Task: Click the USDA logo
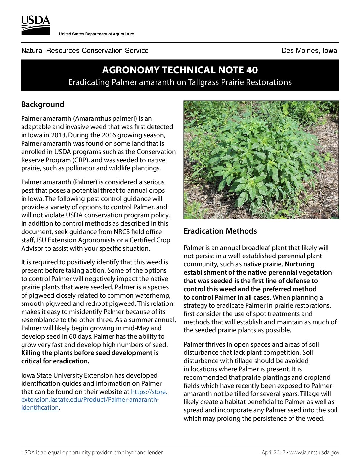pyautogui.click(x=36, y=25)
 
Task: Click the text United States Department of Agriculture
pyautogui.click(x=96, y=34)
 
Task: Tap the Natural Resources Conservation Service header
pyautogui.click(x=85, y=51)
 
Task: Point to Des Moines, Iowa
pyautogui.click(x=309, y=51)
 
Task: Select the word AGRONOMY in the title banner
pyautogui.click(x=126, y=70)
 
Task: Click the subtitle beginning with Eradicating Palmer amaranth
pyautogui.click(x=180, y=82)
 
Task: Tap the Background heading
pyautogui.click(x=43, y=104)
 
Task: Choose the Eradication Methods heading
pyautogui.click(x=220, y=231)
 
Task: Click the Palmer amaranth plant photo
pyautogui.click(x=261, y=160)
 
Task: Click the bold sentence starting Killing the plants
pyautogui.click(x=89, y=353)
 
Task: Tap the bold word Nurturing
pyautogui.click(x=299, y=264)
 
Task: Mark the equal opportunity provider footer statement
pyautogui.click(x=92, y=452)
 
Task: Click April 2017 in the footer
pyautogui.click(x=273, y=452)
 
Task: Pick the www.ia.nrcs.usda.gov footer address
pyautogui.click(x=314, y=452)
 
